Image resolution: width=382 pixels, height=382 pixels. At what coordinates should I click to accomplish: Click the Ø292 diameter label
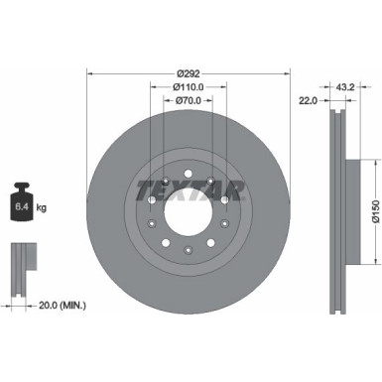click(189, 73)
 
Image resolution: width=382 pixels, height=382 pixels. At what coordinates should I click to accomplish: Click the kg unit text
click(42, 210)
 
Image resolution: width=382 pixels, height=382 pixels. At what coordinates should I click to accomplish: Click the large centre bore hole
click(188, 212)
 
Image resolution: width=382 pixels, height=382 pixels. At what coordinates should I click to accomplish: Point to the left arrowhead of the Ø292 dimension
click(91, 73)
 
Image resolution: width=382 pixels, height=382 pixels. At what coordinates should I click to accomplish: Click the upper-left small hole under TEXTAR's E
click(150, 200)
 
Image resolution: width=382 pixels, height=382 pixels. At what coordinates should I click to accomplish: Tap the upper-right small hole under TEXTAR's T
click(226, 200)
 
